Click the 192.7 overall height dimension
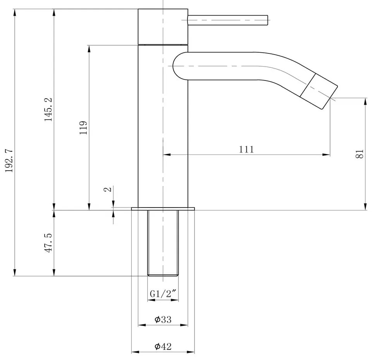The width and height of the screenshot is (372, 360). pos(9,160)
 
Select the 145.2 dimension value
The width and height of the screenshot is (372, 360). pos(48,110)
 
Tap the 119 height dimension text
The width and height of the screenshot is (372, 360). pos(83,127)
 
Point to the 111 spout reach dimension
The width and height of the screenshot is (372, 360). pos(246,149)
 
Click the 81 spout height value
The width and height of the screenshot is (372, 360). pos(360,153)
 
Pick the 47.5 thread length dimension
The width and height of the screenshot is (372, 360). pos(48,243)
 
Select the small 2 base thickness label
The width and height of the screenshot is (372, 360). pos(109,189)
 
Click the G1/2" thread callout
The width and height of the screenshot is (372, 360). pos(164,294)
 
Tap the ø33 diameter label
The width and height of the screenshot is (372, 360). pos(163,319)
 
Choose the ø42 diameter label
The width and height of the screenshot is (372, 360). pos(163,346)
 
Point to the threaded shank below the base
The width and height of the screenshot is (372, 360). pos(163,242)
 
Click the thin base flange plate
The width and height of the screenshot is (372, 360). pos(163,209)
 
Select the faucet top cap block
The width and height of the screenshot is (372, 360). pos(163,26)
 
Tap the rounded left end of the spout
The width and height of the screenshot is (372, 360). pos(178,66)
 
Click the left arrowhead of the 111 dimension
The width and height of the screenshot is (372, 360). pos(165,155)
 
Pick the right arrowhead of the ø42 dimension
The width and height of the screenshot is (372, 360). pos(193,352)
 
